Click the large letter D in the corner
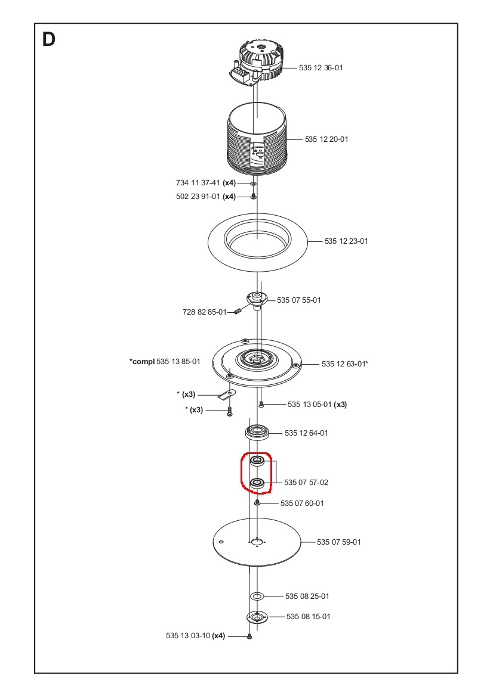pos(49,40)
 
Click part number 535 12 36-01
pos(321,68)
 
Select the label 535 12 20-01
pos(326,139)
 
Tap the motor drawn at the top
pos(257,61)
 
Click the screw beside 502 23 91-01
pos(253,196)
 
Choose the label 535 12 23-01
pos(346,241)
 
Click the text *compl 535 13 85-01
pos(165,362)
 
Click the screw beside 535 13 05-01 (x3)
pos(261,404)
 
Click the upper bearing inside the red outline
pos(257,461)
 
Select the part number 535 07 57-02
pos(306,482)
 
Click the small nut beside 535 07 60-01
pos(257,503)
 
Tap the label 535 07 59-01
pos(338,542)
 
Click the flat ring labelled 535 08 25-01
pos(257,596)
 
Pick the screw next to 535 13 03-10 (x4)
pos(249,637)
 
